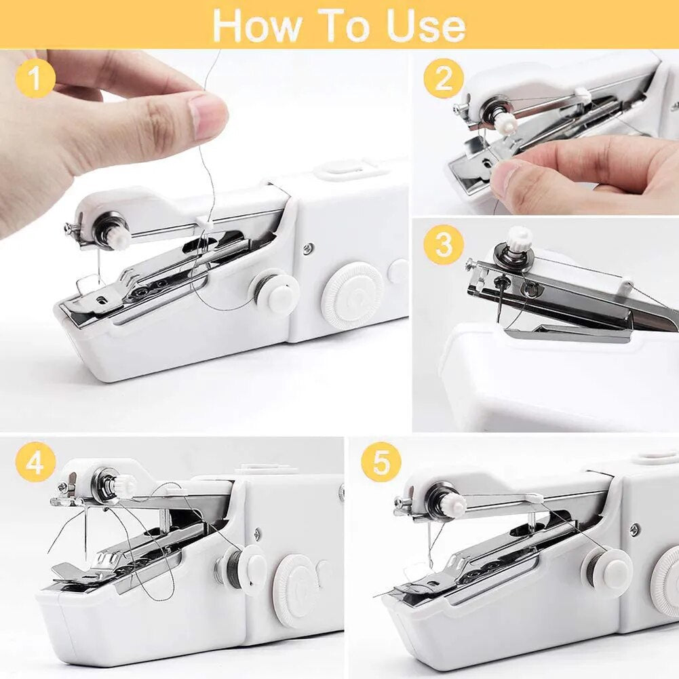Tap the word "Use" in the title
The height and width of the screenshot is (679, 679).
pos(426,25)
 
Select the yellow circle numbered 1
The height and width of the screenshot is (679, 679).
pos(35,79)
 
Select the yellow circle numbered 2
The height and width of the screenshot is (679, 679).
pos(444,79)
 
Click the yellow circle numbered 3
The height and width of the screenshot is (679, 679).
pos(444,244)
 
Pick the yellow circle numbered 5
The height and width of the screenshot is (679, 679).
pos(381,465)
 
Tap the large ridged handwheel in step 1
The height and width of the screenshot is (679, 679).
pos(352,295)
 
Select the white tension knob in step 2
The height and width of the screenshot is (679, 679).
pos(505,123)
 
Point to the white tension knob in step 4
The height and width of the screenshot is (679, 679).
pos(125,485)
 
